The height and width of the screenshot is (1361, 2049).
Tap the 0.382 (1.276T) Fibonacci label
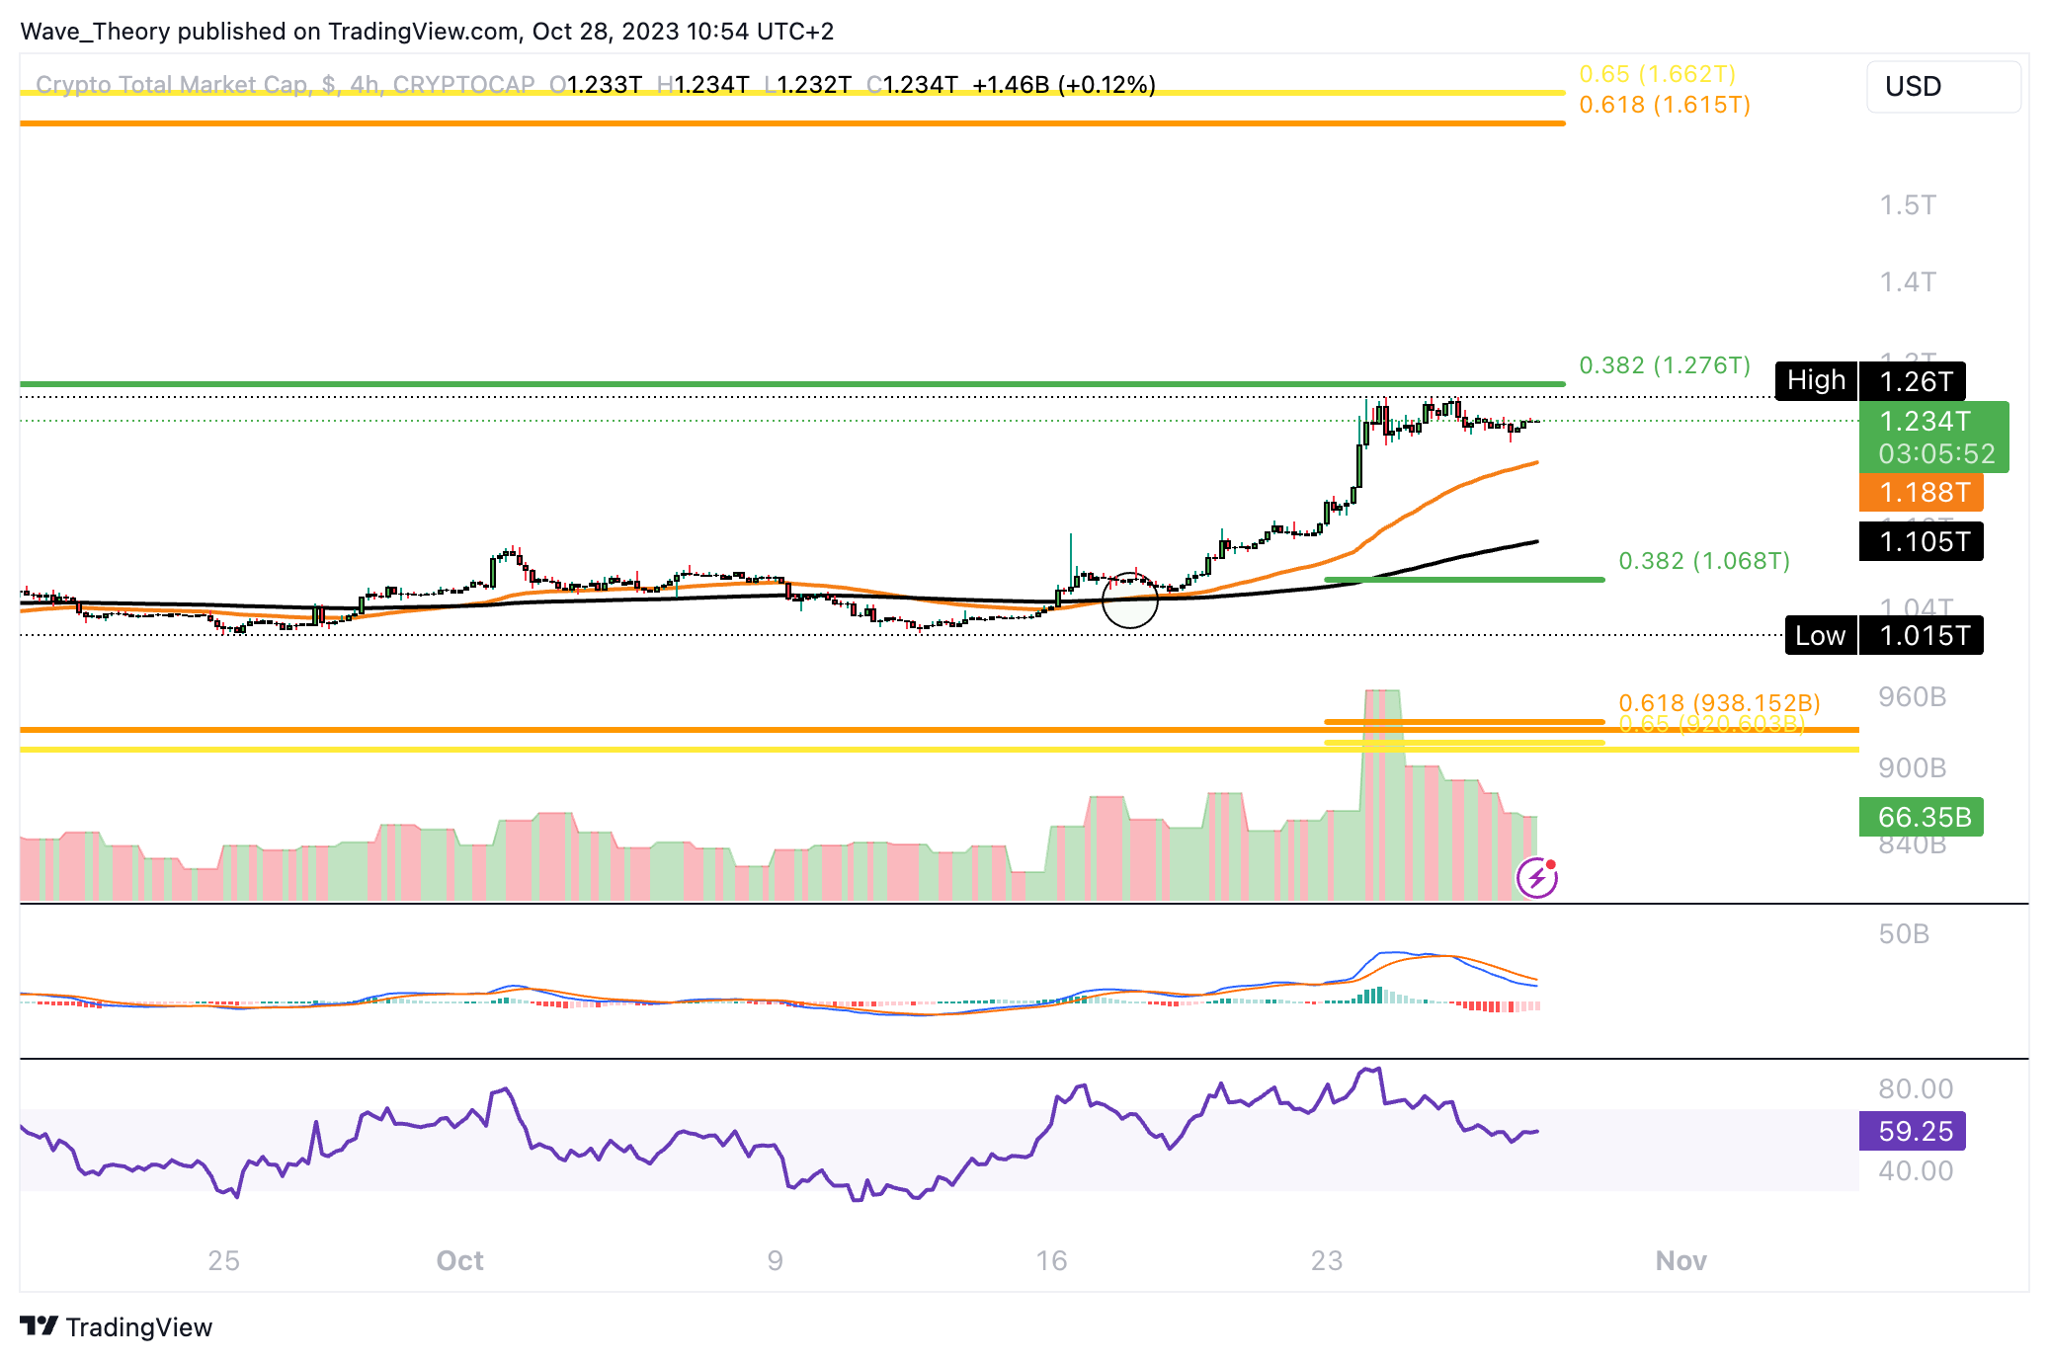point(1664,365)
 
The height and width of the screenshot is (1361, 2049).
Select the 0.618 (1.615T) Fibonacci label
point(1664,105)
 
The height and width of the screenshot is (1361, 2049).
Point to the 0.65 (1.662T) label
point(1656,74)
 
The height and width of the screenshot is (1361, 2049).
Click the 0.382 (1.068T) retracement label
point(1703,561)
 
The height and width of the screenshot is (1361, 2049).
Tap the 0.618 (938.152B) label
point(1718,702)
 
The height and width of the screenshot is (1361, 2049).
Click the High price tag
point(1816,380)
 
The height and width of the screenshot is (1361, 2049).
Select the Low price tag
point(1820,635)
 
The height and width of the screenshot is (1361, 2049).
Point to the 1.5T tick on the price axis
point(1907,205)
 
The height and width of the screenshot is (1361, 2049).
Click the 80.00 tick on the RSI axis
point(1915,1088)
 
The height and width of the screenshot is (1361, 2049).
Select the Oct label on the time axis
point(459,1260)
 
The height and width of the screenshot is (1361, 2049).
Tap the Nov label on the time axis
point(1680,1260)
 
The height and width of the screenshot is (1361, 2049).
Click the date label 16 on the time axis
point(1051,1260)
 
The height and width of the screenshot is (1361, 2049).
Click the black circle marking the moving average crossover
point(1129,600)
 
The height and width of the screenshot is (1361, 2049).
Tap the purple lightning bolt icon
point(1537,877)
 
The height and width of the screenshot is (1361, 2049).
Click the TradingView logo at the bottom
point(117,1326)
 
